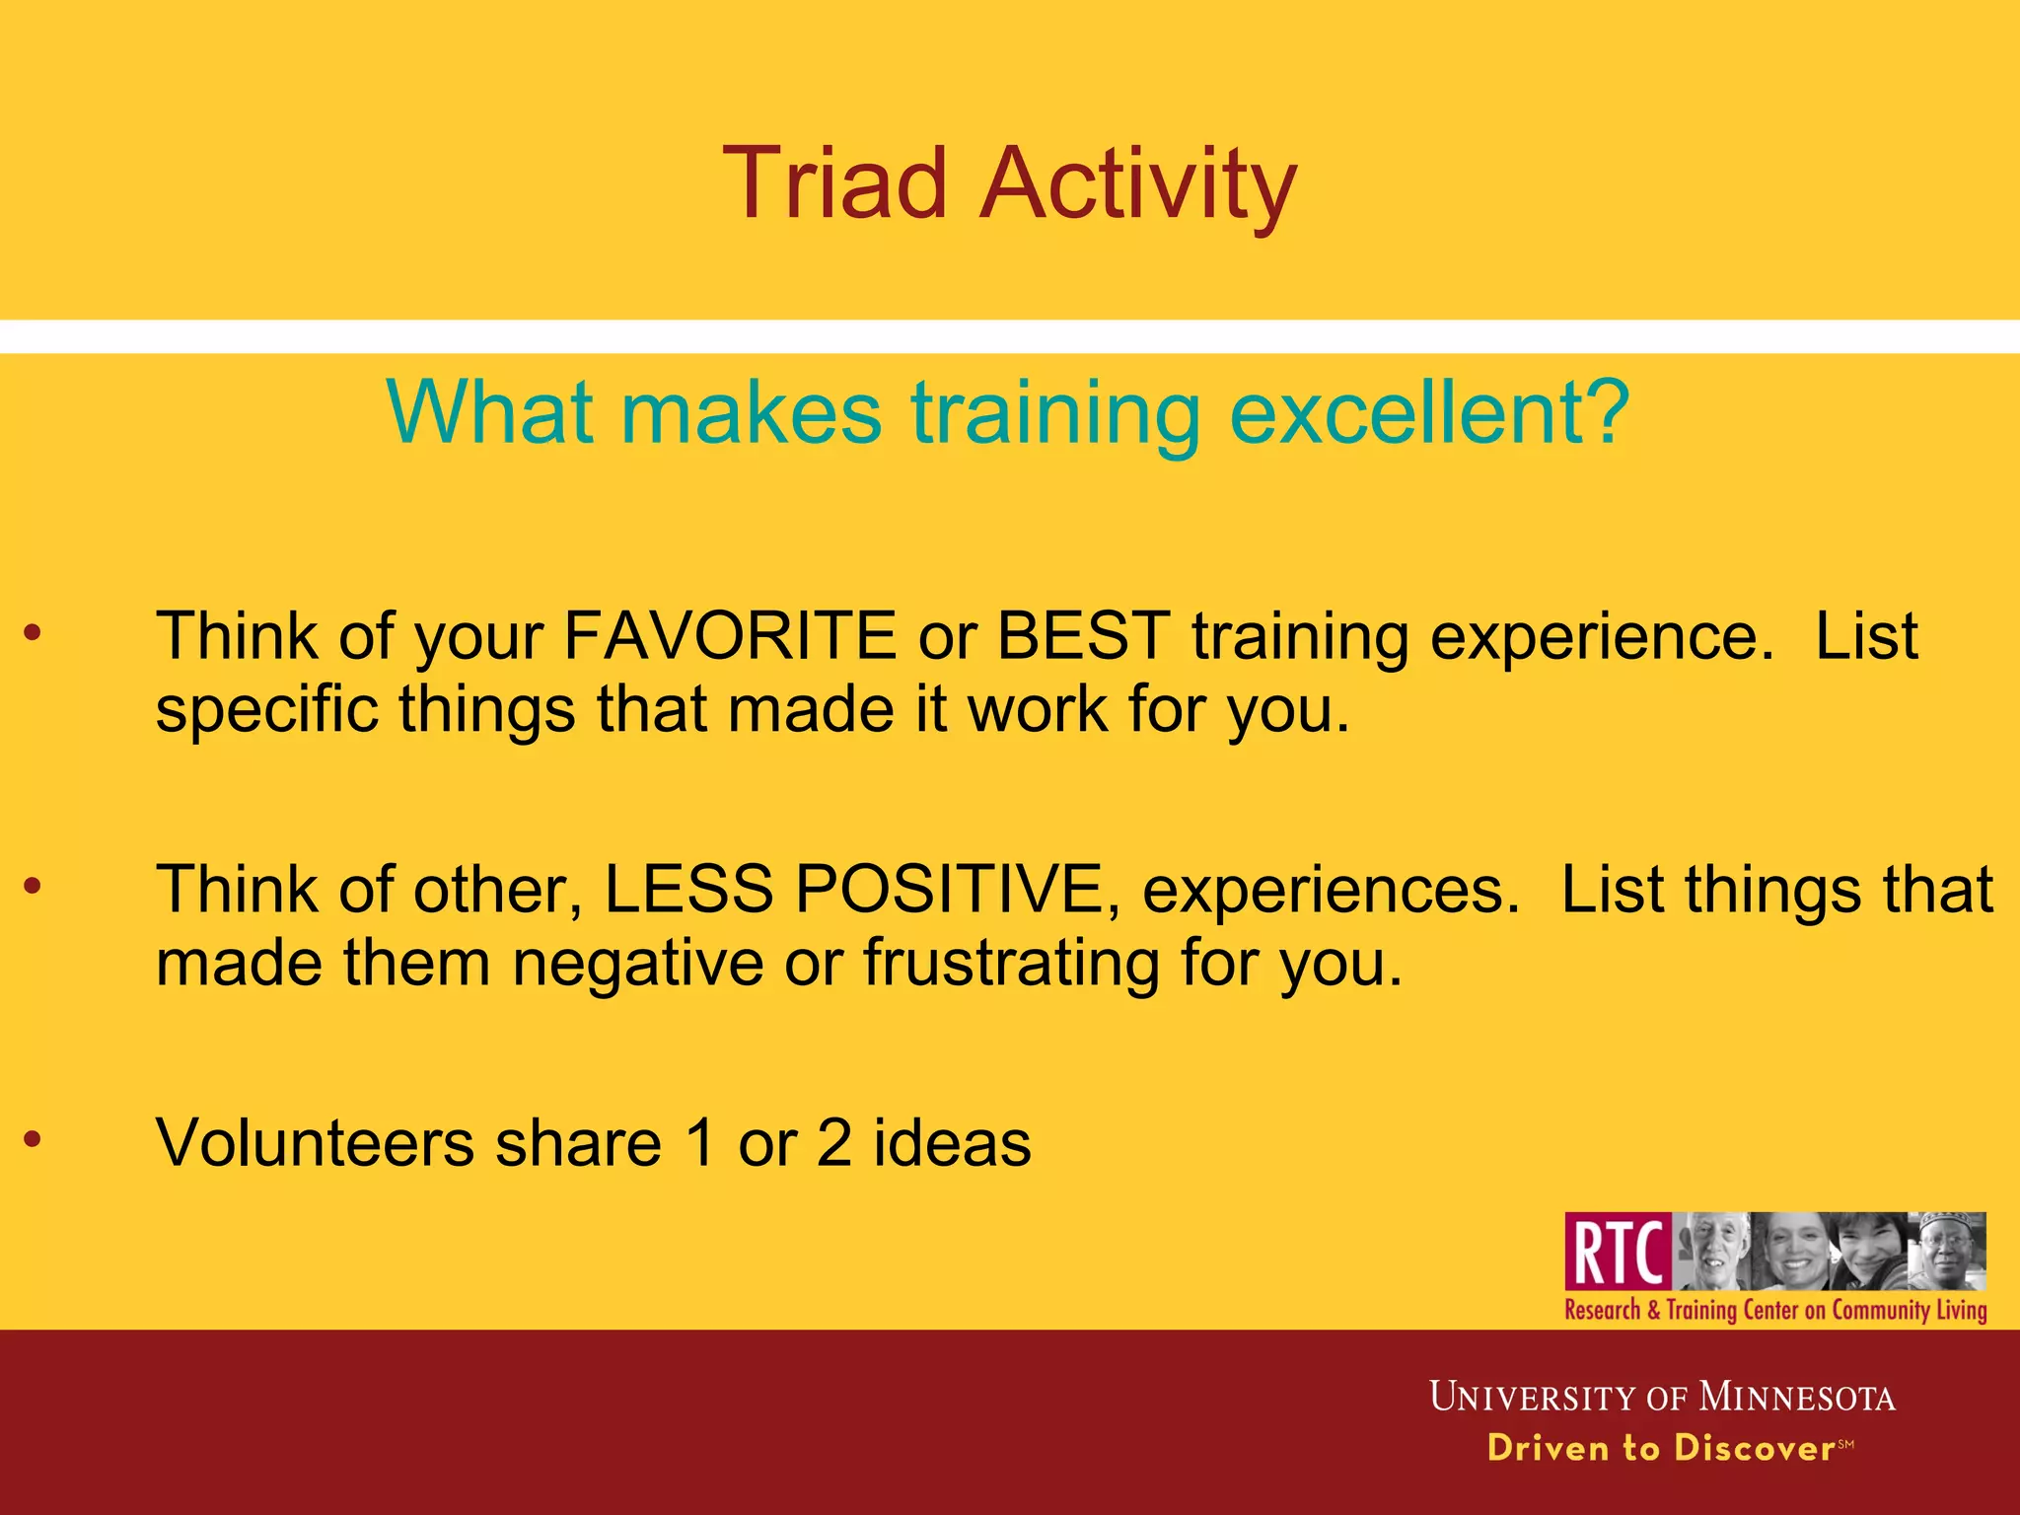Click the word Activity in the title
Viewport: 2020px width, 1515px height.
pyautogui.click(x=1138, y=185)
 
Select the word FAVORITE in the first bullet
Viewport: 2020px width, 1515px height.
pyautogui.click(x=729, y=636)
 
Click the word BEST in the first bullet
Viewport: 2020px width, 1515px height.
pyautogui.click(x=1083, y=636)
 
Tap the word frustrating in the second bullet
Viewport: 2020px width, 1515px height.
pyautogui.click(x=1011, y=964)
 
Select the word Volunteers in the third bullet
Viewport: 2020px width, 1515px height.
pyautogui.click(x=315, y=1143)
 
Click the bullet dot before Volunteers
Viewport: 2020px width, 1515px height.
pyautogui.click(x=33, y=1140)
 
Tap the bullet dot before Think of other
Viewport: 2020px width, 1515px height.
pyautogui.click(x=33, y=887)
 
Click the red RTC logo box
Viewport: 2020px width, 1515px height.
pyautogui.click(x=1618, y=1252)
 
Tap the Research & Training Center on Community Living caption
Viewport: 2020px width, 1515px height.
pyautogui.click(x=1775, y=1310)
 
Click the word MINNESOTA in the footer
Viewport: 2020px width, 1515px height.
pyautogui.click(x=1797, y=1398)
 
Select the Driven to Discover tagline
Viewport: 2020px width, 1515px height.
pyautogui.click(x=1661, y=1448)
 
